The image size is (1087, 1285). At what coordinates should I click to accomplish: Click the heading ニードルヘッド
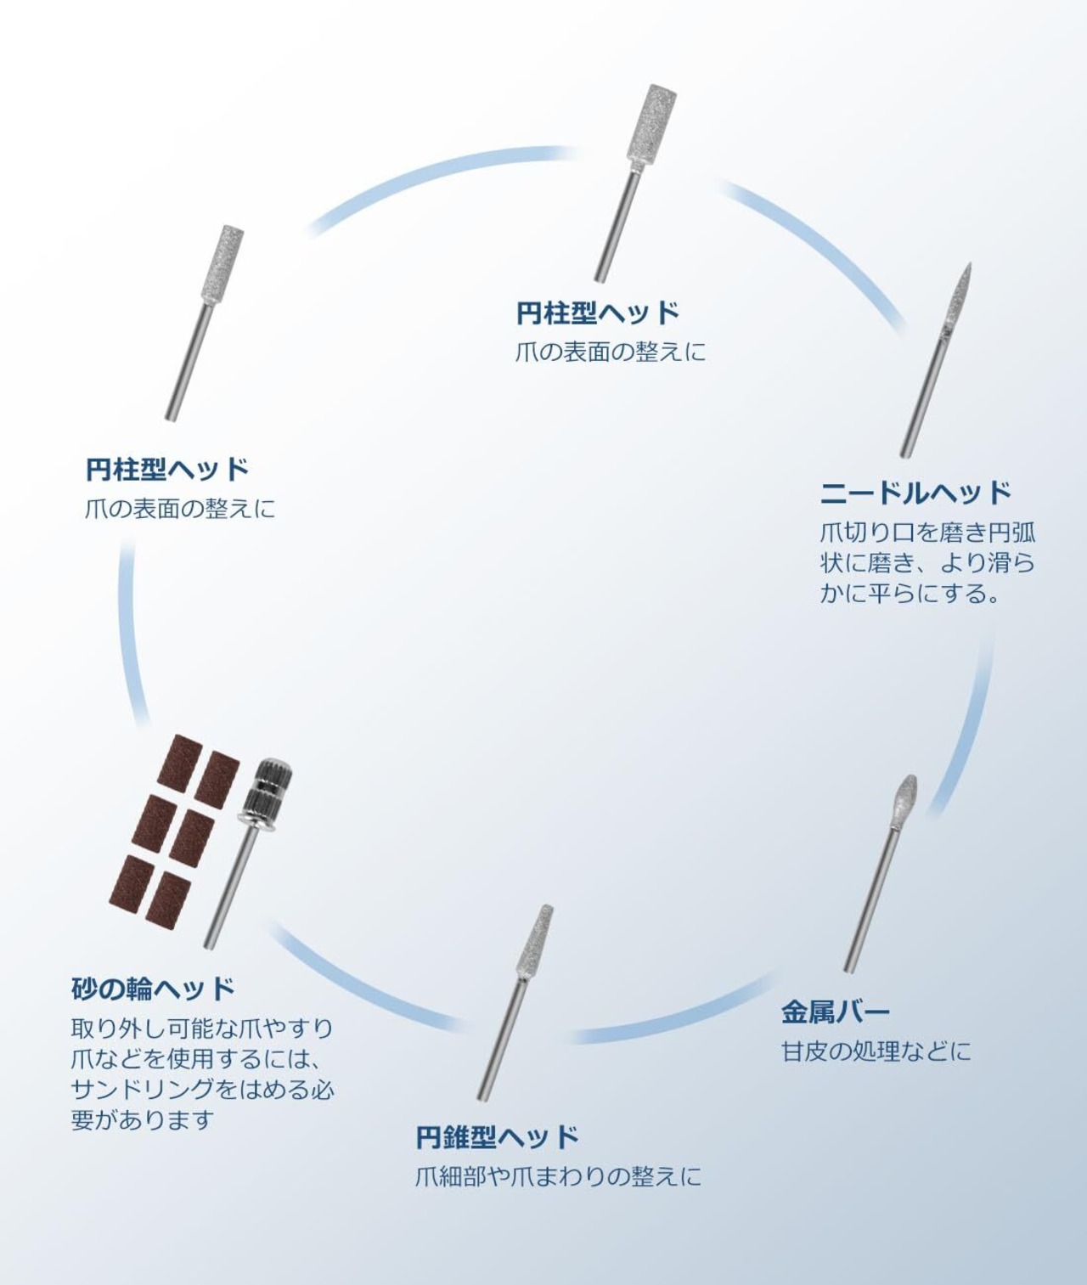(x=915, y=492)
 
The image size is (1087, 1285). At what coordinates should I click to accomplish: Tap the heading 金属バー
(x=835, y=1012)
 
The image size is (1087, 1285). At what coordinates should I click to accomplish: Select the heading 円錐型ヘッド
(x=497, y=1136)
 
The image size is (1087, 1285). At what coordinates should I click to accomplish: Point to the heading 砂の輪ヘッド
(x=153, y=988)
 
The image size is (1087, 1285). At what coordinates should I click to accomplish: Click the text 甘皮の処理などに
(x=876, y=1051)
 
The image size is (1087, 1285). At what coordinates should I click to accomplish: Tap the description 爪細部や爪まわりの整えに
(x=558, y=1176)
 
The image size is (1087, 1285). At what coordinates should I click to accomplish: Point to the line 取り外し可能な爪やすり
(x=202, y=1029)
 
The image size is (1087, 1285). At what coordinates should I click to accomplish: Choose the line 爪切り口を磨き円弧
(x=927, y=533)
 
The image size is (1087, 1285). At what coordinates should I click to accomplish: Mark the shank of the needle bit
(x=923, y=391)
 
